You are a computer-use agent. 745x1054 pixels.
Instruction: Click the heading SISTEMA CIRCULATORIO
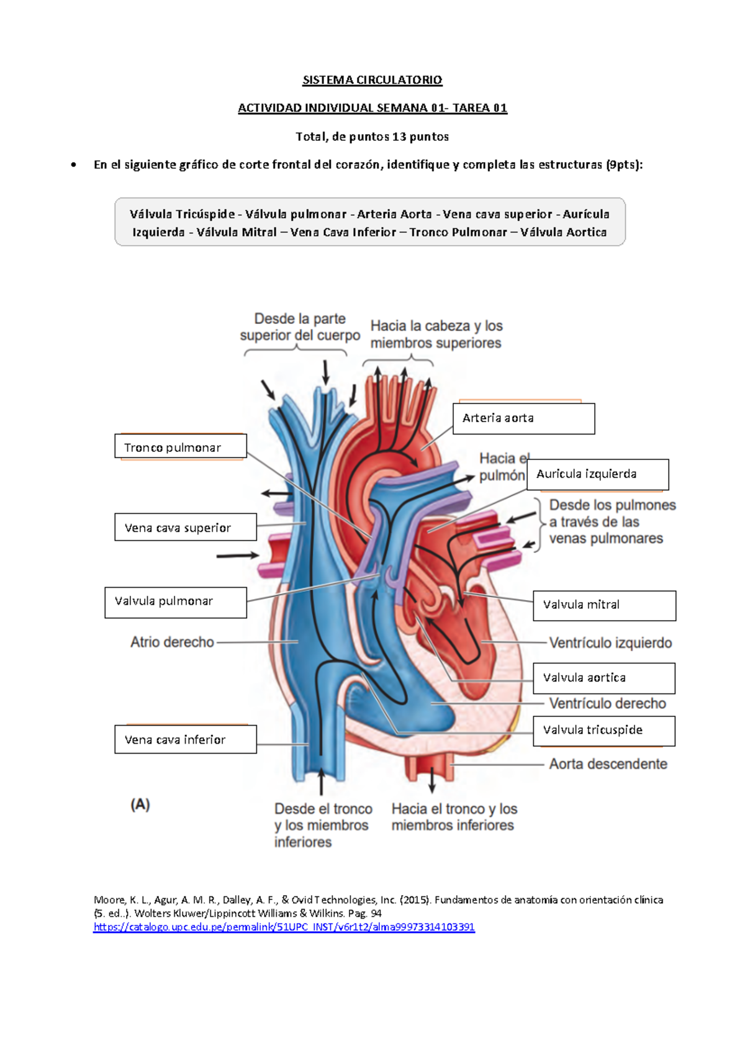point(372,80)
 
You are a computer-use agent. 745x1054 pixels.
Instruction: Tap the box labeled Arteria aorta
point(523,418)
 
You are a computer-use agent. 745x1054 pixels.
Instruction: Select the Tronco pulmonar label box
point(180,447)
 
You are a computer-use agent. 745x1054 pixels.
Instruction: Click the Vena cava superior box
point(185,528)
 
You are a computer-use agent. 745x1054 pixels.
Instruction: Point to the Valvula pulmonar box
point(175,602)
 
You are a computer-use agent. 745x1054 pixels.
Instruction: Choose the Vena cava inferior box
point(185,739)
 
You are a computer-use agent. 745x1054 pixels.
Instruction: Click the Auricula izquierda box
point(597,474)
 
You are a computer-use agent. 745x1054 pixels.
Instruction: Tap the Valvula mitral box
point(604,605)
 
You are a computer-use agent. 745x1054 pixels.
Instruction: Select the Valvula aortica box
point(603,678)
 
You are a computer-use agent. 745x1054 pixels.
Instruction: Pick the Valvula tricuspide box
point(603,731)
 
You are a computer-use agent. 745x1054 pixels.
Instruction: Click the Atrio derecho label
point(172,642)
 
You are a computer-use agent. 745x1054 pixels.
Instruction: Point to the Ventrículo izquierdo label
point(610,643)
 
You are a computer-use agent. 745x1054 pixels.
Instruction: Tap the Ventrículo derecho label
point(607,703)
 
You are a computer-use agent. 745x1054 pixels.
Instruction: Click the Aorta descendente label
point(608,764)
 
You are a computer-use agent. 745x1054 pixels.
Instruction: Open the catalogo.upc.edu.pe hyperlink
point(284,927)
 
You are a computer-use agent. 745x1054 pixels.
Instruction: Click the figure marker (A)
point(140,804)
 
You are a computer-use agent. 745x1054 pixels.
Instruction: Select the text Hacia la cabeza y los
point(436,326)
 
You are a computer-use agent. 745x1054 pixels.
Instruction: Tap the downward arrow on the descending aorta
point(432,780)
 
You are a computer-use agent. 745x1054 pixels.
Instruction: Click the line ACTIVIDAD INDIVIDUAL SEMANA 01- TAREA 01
point(372,108)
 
